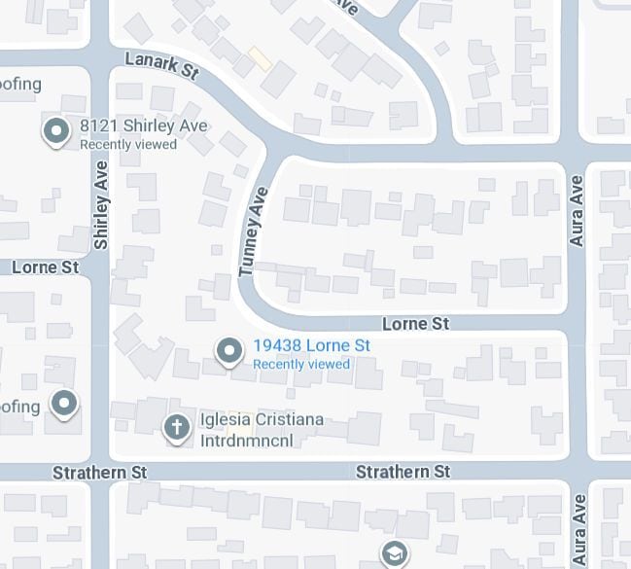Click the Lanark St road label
[162, 66]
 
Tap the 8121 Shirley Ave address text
[143, 126]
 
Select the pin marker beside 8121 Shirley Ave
[56, 130]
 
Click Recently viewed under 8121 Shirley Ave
[128, 145]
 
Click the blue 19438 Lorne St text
[311, 345]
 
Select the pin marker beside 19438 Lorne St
[229, 350]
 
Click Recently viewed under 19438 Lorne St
[301, 365]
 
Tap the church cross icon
[176, 426]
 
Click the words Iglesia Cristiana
[262, 420]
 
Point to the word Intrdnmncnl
[246, 440]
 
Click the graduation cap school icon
[394, 553]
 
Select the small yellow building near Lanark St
[260, 58]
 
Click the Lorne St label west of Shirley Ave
[45, 267]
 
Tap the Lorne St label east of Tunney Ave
[416, 323]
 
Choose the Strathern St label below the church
[403, 472]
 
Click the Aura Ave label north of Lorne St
[578, 211]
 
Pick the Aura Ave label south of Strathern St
[580, 530]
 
